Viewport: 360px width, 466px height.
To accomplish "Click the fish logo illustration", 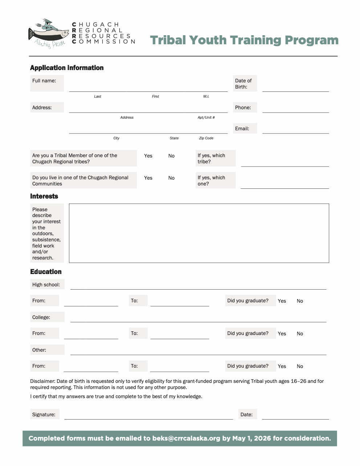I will coord(49,33).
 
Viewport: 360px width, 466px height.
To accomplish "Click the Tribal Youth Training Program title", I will coord(244,40).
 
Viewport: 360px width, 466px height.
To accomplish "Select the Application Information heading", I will coord(67,68).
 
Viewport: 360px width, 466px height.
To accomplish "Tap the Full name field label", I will coord(44,81).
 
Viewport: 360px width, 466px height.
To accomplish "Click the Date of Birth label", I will coord(243,83).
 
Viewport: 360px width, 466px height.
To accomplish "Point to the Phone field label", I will coord(243,107).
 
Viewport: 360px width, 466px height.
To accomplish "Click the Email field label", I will coord(242,128).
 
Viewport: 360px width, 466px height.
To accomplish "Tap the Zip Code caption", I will coord(206,138).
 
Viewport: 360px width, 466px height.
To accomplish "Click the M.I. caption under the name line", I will coord(206,97).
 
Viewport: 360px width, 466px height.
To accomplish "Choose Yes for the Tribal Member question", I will coord(148,156).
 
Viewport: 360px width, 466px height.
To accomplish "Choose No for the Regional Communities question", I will coord(171,178).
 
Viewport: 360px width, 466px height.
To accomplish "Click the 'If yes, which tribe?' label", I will coord(211,158).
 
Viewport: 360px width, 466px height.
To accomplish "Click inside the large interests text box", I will coord(199,233).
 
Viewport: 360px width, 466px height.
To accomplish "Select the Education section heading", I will coord(46,272).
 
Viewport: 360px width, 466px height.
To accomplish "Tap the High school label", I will coord(46,285).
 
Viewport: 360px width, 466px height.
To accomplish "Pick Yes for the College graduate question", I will coord(282,334).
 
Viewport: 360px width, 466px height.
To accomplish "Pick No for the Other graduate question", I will coord(300,366).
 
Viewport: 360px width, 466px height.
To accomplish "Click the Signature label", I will coord(44,414).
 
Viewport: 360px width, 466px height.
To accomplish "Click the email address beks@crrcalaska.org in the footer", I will coord(186,438).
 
